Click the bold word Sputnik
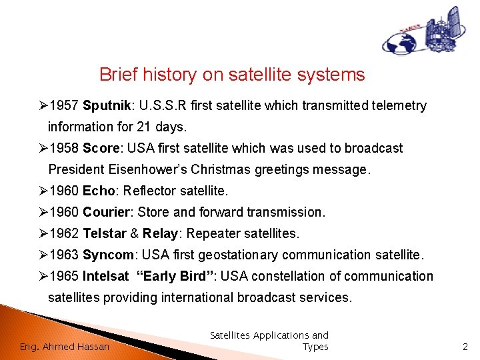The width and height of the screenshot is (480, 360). click(x=107, y=105)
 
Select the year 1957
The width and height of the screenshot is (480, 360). click(x=64, y=105)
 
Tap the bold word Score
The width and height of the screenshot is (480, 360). click(x=101, y=148)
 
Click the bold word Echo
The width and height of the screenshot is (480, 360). click(x=99, y=191)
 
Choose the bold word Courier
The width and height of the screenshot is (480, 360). click(x=106, y=212)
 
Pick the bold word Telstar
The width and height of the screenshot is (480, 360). click(x=105, y=233)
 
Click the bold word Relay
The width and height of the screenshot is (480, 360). click(x=160, y=234)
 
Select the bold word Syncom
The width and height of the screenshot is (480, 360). click(x=108, y=255)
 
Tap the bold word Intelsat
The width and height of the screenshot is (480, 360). click(x=105, y=276)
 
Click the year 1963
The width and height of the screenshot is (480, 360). click(x=64, y=255)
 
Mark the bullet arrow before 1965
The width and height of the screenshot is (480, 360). click(x=43, y=276)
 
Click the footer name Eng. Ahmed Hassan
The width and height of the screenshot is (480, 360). click(x=64, y=347)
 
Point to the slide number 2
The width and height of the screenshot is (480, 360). click(x=465, y=347)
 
